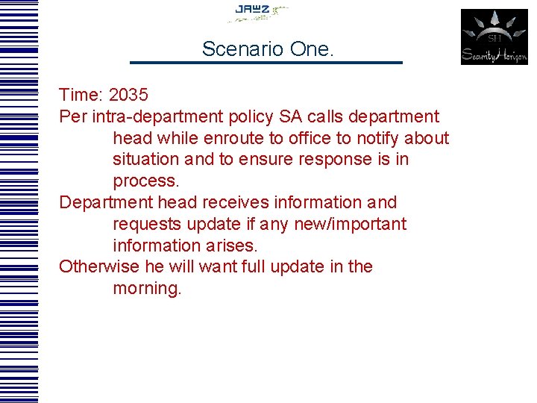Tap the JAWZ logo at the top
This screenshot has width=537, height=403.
pyautogui.click(x=257, y=11)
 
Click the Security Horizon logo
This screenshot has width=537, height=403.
pyautogui.click(x=494, y=37)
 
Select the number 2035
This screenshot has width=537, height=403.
pyautogui.click(x=128, y=96)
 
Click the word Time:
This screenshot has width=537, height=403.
pyautogui.click(x=81, y=96)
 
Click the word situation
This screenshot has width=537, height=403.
pyautogui.click(x=145, y=160)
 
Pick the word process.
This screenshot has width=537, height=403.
pyautogui.click(x=146, y=181)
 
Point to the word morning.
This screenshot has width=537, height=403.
pyautogui.click(x=147, y=289)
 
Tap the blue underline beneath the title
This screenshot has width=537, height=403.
pyautogui.click(x=266, y=63)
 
